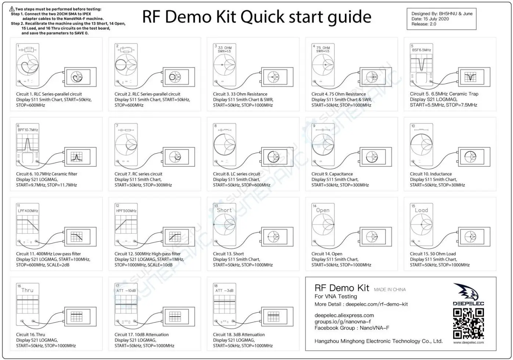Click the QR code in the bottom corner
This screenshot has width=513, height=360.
tap(468, 324)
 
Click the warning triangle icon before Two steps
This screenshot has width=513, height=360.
tap(12, 8)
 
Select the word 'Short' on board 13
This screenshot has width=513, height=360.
tap(224, 210)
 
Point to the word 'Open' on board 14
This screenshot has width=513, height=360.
tap(322, 210)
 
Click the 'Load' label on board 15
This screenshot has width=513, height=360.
tap(421, 210)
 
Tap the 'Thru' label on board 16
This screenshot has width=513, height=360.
tap(27, 290)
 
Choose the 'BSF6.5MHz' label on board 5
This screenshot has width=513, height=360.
tap(422, 50)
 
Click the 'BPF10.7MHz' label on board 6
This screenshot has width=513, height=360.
tap(28, 130)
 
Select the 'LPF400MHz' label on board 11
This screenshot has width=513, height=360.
tap(28, 211)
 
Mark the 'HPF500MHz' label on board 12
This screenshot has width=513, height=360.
tap(126, 211)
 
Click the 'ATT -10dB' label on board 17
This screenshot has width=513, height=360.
tap(126, 291)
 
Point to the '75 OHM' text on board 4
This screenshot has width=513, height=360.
tap(323, 48)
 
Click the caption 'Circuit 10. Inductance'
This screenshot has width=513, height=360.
tap(431, 174)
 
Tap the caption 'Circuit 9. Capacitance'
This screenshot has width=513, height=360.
tap(332, 174)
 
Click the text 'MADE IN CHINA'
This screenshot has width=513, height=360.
tap(390, 289)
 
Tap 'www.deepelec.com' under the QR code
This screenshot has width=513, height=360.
tap(468, 342)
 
